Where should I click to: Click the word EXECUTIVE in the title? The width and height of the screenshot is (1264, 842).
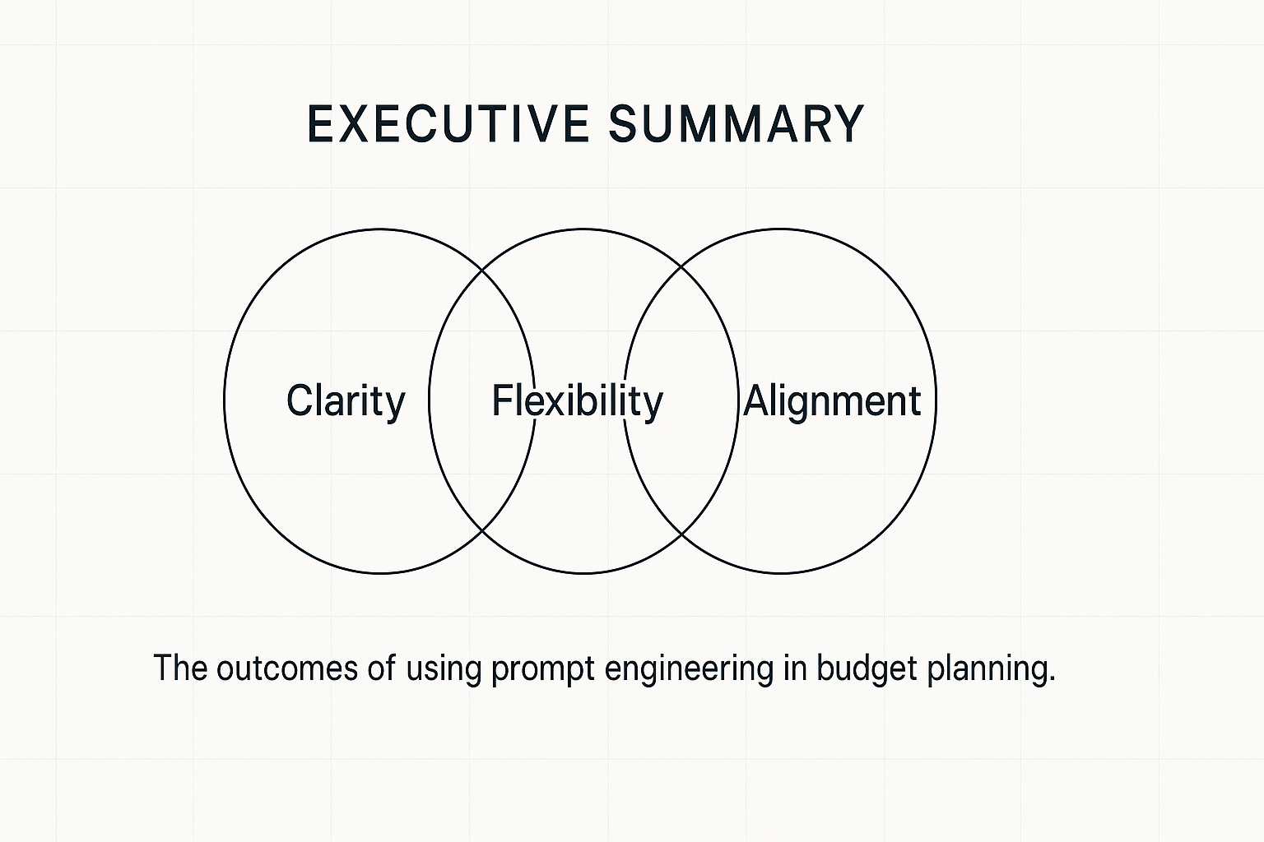[448, 123]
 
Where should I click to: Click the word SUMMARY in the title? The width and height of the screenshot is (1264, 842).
[737, 123]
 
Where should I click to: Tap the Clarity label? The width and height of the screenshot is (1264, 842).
[346, 401]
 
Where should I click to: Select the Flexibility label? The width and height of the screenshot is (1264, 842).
[577, 401]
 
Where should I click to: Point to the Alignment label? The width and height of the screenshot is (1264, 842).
[832, 401]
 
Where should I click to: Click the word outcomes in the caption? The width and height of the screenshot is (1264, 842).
[286, 668]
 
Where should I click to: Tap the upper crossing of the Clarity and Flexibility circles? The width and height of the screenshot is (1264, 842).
[482, 270]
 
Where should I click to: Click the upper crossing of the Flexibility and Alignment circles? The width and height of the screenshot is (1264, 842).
[681, 267]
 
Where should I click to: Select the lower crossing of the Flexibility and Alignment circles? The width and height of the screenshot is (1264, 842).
[681, 533]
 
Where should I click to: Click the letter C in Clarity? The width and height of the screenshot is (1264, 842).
[300, 400]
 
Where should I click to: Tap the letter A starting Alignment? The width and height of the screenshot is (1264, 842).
[758, 400]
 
